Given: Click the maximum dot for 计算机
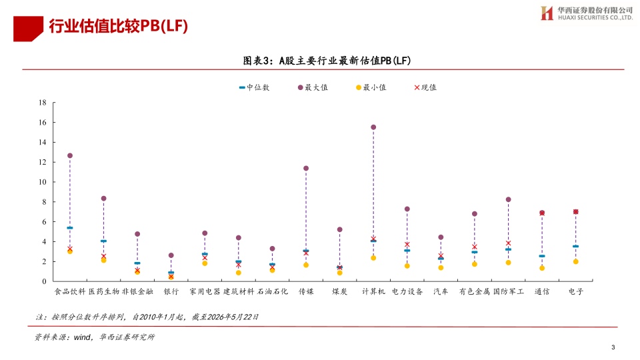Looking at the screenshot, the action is [x=373, y=127].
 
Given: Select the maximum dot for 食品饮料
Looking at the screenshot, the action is [x=70, y=155].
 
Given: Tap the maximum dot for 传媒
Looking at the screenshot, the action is [x=306, y=168].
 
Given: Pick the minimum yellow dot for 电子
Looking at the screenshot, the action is [x=576, y=261].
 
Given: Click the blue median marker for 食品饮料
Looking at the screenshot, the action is [x=70, y=228].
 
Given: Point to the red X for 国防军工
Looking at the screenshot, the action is [x=508, y=243].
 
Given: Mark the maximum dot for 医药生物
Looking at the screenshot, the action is [x=104, y=199].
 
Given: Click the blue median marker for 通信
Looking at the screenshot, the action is [x=542, y=256].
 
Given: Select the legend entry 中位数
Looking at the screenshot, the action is [x=254, y=87].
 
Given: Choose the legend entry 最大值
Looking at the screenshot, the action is [x=313, y=87].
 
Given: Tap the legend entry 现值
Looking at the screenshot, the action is [x=425, y=87].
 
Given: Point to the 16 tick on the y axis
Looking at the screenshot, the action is [x=43, y=123].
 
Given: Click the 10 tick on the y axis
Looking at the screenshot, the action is [x=43, y=182].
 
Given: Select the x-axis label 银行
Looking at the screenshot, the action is [x=171, y=291].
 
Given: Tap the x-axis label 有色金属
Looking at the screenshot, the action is [x=474, y=291].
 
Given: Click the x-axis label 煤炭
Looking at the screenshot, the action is [x=339, y=291].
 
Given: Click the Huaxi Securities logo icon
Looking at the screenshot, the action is [x=547, y=13].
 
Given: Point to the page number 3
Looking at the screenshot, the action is [x=613, y=347].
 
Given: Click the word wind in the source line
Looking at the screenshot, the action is [x=83, y=337].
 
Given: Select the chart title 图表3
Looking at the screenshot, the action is [x=257, y=61].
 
